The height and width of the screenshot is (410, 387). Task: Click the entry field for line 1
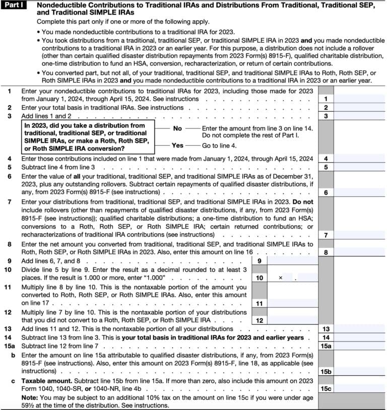[360, 99]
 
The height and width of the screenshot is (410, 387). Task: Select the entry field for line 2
[360, 108]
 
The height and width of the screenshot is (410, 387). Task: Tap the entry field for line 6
[360, 192]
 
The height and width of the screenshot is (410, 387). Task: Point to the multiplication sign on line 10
[281, 278]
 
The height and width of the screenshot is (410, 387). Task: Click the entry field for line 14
[360, 337]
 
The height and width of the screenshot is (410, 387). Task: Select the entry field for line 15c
[360, 389]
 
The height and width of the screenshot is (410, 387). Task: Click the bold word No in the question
[177, 128]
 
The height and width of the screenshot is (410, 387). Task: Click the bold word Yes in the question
[177, 145]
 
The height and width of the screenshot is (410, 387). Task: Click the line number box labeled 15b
[326, 372]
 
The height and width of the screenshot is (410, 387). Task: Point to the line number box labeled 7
[326, 235]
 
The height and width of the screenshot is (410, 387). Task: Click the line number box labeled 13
[326, 329]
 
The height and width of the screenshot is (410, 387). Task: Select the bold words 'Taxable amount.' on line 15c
[44, 381]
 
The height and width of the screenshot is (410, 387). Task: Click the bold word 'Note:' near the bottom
[29, 398]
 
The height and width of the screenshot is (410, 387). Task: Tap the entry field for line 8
[360, 252]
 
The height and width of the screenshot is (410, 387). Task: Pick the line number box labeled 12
[259, 320]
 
